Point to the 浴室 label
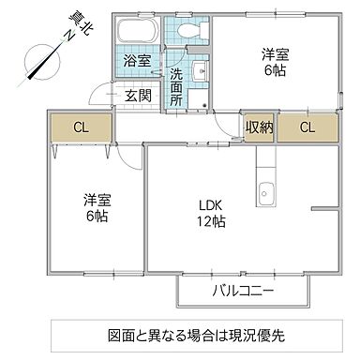click(x=137, y=62)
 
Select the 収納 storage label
click(x=260, y=127)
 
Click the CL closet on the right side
click(x=307, y=127)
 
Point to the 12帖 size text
click(x=210, y=222)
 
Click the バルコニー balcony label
click(x=242, y=292)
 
